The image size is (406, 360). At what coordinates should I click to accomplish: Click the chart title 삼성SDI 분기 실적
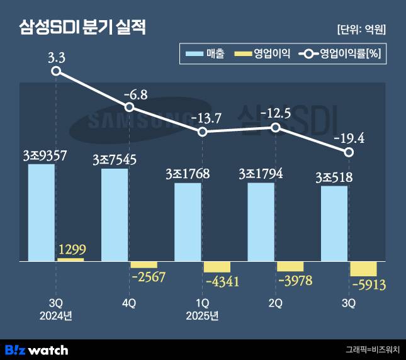(x=82, y=28)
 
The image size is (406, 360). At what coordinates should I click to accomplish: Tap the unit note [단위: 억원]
(x=361, y=29)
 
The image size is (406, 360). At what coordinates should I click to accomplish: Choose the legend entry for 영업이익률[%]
(x=339, y=55)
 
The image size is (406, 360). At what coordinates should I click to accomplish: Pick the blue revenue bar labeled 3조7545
(x=115, y=215)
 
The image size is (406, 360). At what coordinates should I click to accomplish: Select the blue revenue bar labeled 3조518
(x=334, y=223)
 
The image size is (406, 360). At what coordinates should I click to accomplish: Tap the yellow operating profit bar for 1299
(x=70, y=259)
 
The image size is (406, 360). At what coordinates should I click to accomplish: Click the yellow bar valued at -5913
(x=363, y=268)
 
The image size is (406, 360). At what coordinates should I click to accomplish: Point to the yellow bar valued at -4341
(x=217, y=266)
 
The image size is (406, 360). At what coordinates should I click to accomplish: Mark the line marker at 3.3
(x=56, y=71)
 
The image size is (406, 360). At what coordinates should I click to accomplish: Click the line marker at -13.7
(x=203, y=132)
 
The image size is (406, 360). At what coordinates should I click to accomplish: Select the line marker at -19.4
(x=349, y=153)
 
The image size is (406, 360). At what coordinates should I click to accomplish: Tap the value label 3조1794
(x=261, y=173)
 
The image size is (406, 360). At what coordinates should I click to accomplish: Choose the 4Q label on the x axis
(x=128, y=303)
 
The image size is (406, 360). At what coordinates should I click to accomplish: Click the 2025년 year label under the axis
(x=202, y=315)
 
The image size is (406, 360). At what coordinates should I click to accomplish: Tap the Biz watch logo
(x=36, y=349)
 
